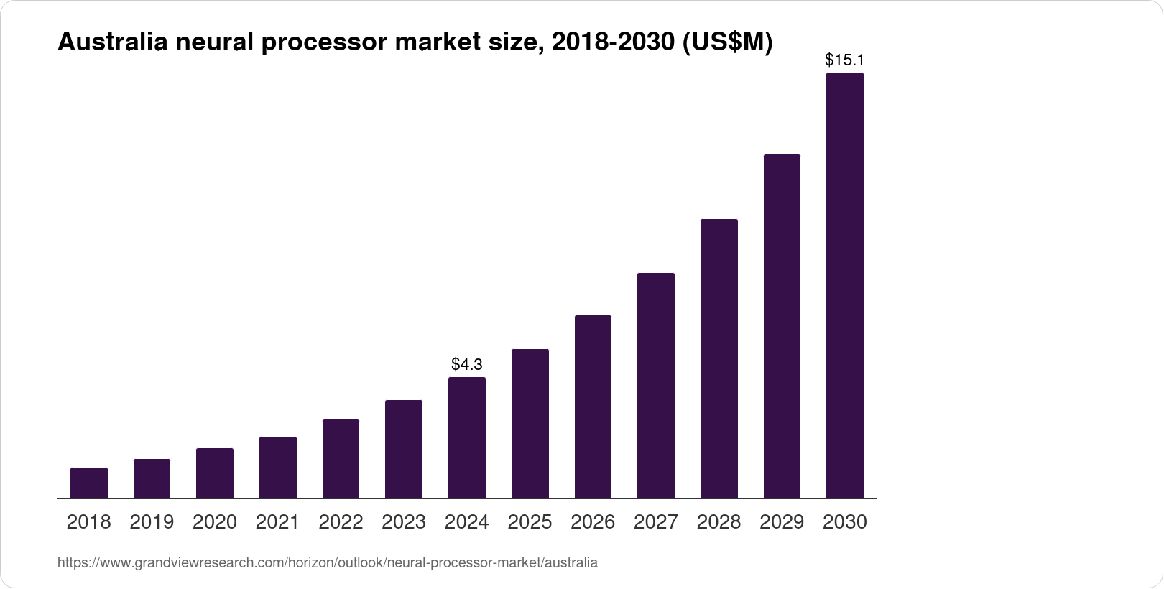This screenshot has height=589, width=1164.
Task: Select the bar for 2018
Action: [x=89, y=483]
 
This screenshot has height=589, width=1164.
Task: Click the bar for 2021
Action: [x=278, y=468]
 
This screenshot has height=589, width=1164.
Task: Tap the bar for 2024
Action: [x=467, y=437]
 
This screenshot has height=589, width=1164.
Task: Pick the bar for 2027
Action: [x=656, y=386]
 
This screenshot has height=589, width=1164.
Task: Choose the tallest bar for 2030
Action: [x=845, y=286]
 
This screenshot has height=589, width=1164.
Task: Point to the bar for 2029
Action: [x=782, y=327]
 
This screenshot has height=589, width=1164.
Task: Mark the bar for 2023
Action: [x=404, y=449]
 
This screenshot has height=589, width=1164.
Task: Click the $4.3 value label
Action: [x=467, y=364]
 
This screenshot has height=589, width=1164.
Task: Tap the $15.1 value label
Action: [x=845, y=60]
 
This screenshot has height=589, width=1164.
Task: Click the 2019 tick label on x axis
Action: [x=152, y=522]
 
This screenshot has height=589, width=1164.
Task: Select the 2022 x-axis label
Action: [x=341, y=522]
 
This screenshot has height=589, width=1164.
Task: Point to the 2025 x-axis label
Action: [x=530, y=522]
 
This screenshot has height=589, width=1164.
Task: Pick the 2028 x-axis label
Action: [x=719, y=522]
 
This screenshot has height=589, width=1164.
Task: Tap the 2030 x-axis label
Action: [x=845, y=522]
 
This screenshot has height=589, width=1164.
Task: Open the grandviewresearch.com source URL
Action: [x=327, y=563]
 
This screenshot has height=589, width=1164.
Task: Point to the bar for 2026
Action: [x=593, y=407]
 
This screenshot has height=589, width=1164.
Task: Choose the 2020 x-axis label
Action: [x=215, y=522]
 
